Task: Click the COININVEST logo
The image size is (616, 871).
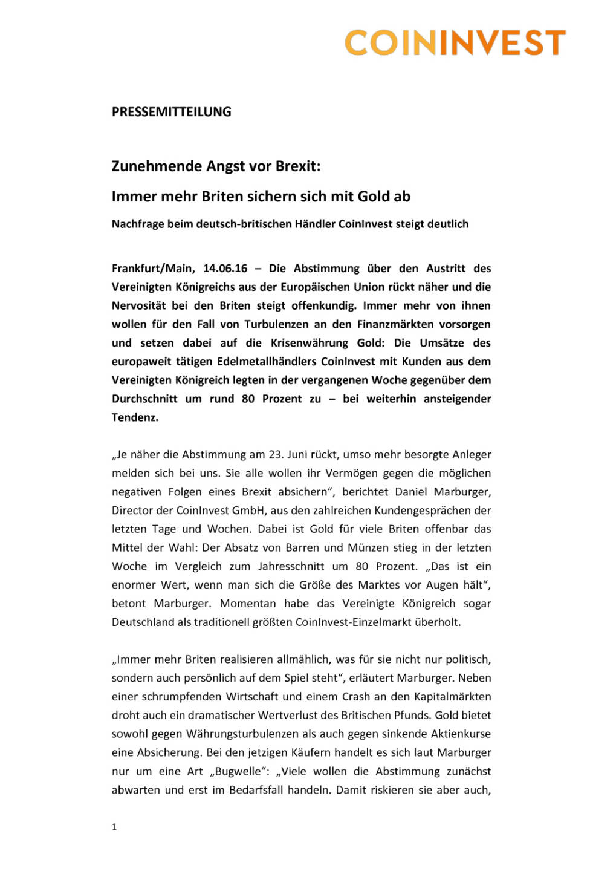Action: click(x=455, y=43)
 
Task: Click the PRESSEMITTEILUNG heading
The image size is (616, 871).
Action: click(x=171, y=112)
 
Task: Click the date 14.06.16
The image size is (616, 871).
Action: click(x=225, y=269)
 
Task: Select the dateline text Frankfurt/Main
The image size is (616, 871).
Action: click(x=153, y=269)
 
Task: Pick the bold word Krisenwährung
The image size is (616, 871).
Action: click(x=310, y=343)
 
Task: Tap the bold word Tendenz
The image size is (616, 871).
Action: click(x=135, y=417)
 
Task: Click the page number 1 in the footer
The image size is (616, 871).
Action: click(x=114, y=827)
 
